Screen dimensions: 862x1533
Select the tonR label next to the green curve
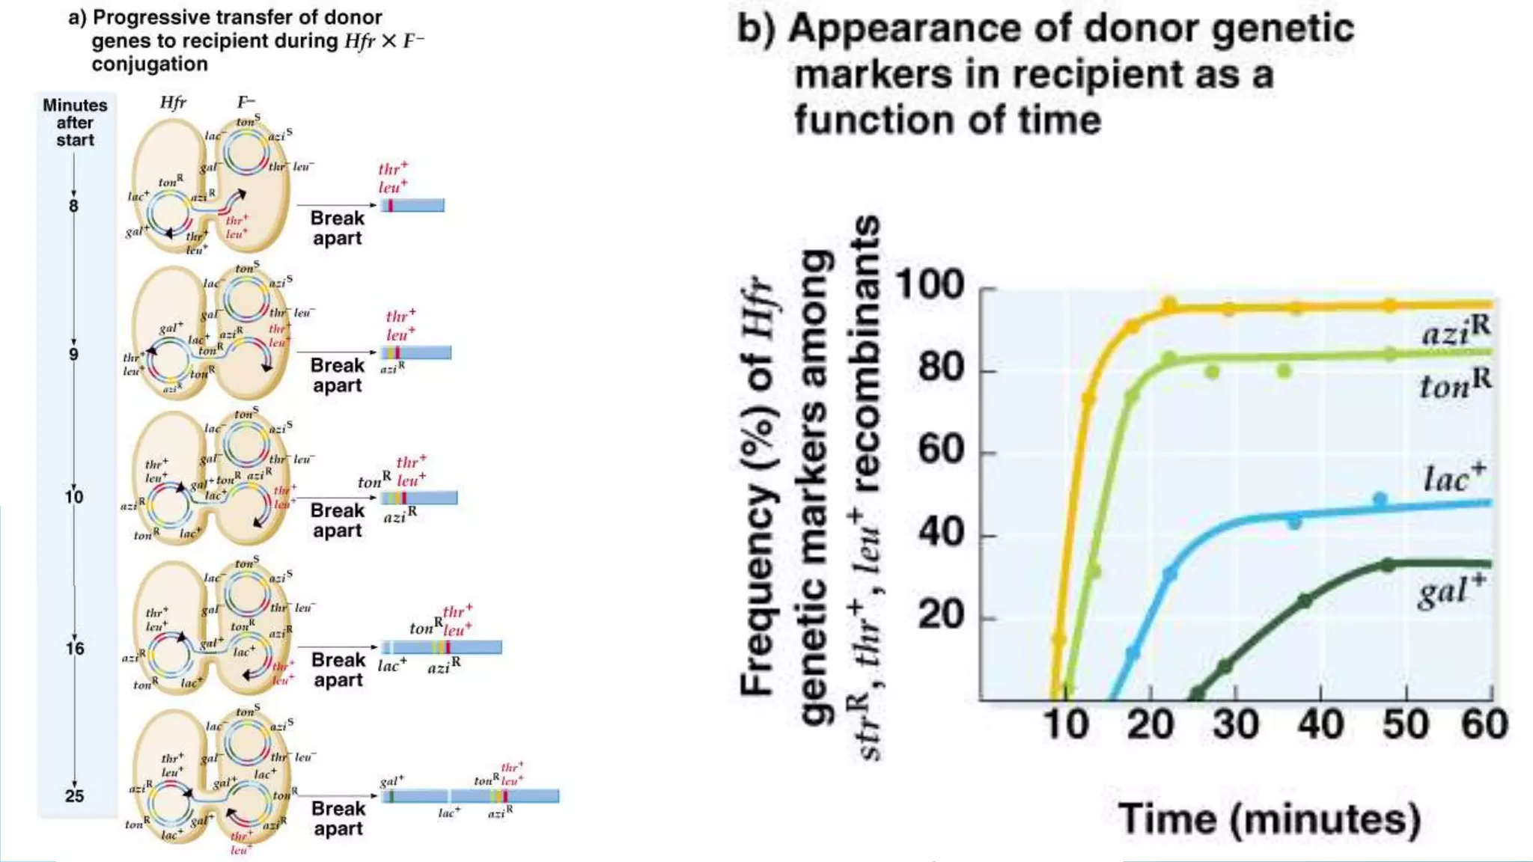click(1454, 385)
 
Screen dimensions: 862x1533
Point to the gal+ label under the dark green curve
click(1451, 591)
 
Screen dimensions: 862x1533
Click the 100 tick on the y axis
click(930, 285)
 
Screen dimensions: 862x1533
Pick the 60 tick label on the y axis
click(941, 450)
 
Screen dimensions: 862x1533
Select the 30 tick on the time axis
click(1235, 725)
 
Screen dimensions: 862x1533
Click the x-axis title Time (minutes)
click(1270, 819)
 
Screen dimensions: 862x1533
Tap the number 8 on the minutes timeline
click(73, 206)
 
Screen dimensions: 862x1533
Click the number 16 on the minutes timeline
click(74, 648)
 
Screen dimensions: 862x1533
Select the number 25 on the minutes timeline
click(74, 795)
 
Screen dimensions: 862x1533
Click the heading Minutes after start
click(75, 122)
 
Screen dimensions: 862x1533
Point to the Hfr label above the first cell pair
click(173, 103)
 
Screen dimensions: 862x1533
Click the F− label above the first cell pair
click(246, 103)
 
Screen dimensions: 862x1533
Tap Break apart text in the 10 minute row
click(337, 520)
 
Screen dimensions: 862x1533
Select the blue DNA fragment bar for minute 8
click(413, 205)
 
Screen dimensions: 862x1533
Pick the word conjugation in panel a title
click(150, 64)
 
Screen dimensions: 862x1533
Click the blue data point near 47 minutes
click(1380, 499)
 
